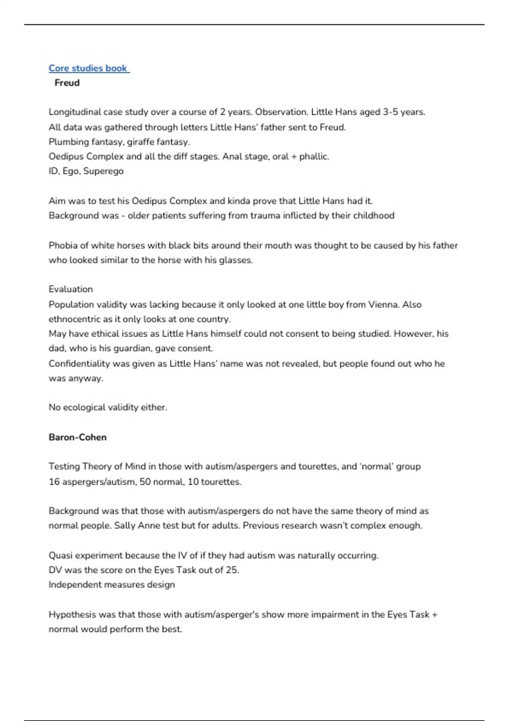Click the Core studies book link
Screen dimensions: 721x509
point(88,68)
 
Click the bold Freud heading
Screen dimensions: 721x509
point(67,83)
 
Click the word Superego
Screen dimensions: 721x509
point(103,171)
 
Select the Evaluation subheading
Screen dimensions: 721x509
point(70,289)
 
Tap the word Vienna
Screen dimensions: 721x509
point(383,305)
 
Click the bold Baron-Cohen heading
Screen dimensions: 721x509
point(78,437)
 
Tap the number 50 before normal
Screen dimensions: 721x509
point(145,482)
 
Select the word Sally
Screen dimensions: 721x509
point(124,525)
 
